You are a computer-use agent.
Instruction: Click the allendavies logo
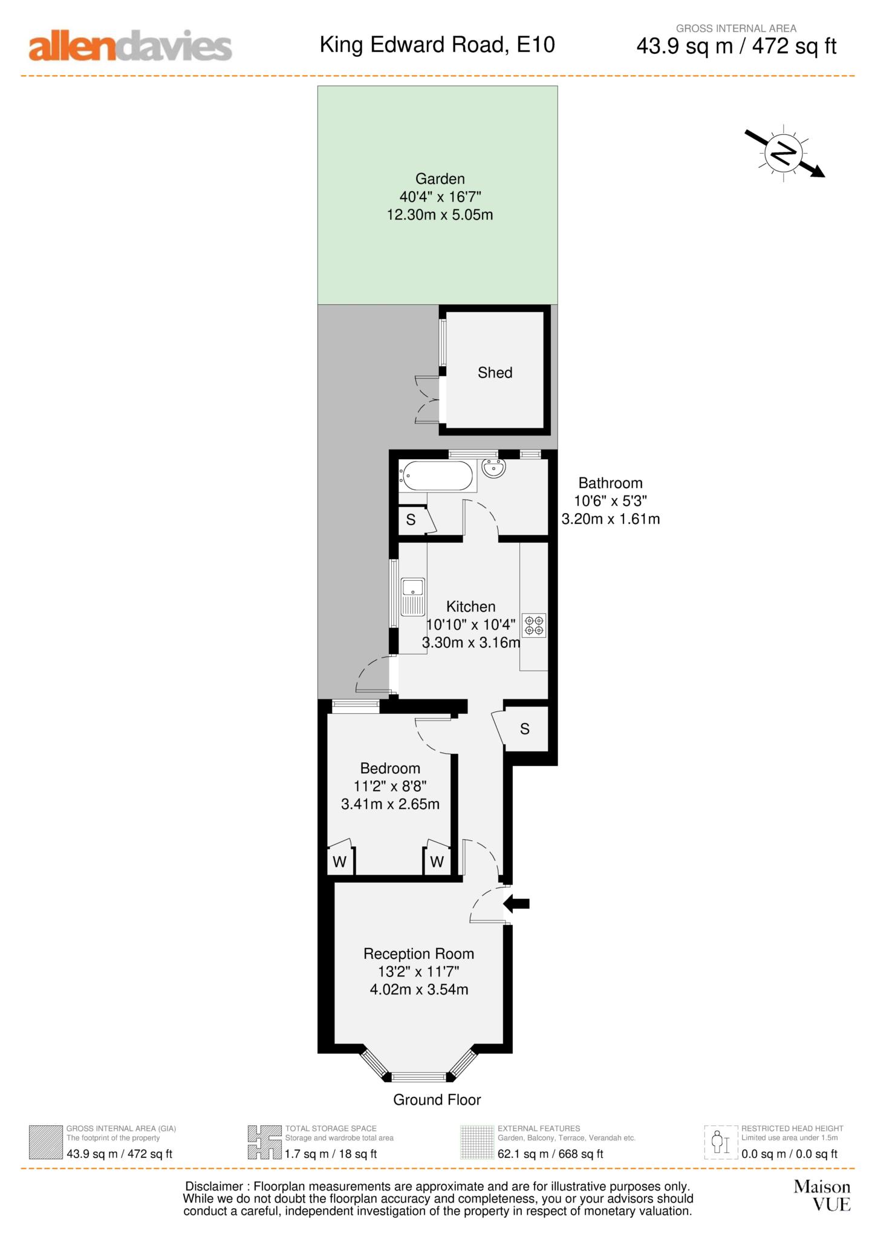tap(130, 47)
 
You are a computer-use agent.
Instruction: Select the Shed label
tap(495, 373)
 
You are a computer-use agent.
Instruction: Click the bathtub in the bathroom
tap(437, 476)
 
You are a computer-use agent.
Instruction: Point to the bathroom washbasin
tap(494, 468)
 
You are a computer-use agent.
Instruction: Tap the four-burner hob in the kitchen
tap(534, 626)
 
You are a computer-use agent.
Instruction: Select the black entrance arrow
tap(517, 904)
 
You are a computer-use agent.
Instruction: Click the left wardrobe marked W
tap(339, 861)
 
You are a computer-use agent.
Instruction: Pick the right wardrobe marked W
tap(437, 861)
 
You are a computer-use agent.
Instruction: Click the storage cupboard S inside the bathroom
tap(411, 520)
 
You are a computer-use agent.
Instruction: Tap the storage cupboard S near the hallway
tap(524, 729)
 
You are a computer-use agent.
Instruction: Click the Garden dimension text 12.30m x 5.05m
tap(440, 215)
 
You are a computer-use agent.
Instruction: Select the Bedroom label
tap(390, 768)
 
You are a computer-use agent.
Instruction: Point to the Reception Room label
tap(418, 954)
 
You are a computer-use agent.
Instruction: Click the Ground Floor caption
tap(437, 1100)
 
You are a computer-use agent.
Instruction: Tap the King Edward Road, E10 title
tap(437, 45)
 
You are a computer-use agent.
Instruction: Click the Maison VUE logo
tap(822, 1195)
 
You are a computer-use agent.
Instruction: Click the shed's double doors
tap(428, 399)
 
